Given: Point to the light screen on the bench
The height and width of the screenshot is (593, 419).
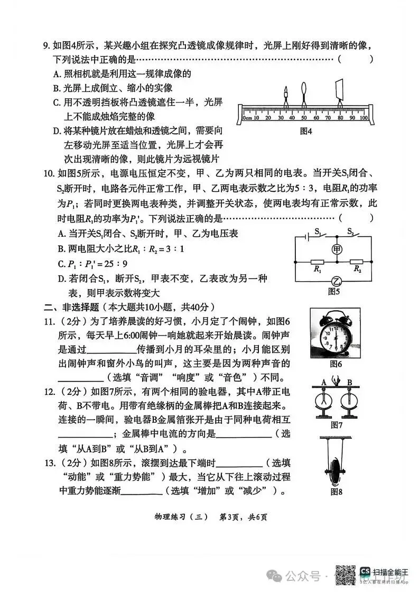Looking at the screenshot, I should coord(339,90).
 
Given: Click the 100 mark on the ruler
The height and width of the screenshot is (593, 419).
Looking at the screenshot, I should coord(364,117).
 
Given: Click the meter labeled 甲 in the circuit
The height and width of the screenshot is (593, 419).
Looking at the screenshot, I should coord(336,248).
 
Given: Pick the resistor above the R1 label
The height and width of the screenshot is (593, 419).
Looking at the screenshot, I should coord(317,262).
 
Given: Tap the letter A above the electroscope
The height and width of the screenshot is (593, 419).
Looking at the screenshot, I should coord(324,382).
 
